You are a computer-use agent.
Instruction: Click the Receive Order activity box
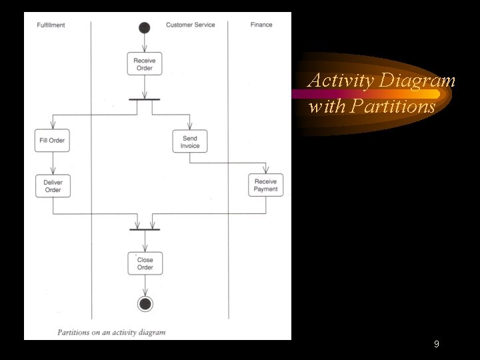pos(145,64)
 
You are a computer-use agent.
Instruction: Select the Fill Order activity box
pos(53,141)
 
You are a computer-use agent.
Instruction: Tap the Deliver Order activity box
pos(53,186)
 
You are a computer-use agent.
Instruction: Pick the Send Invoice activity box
pos(190,141)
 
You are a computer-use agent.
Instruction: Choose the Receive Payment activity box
pos(265,185)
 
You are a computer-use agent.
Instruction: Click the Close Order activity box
pos(145,263)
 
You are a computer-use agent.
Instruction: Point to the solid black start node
pos(145,27)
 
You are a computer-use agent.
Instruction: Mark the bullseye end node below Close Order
pos(145,304)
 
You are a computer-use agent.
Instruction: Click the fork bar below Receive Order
pos(145,99)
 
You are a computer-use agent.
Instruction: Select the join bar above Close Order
pos(145,229)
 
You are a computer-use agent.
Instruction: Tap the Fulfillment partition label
pos(51,25)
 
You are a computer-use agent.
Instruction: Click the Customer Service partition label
pos(191,25)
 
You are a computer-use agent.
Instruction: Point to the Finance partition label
pos(261,25)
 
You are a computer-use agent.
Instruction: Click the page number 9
pos(436,344)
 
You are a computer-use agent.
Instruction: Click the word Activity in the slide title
pos(341,81)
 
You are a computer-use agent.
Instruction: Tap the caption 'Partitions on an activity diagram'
pos(111,332)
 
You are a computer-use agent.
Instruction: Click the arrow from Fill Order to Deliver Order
pos(53,163)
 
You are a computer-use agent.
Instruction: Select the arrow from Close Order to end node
pos(145,285)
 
